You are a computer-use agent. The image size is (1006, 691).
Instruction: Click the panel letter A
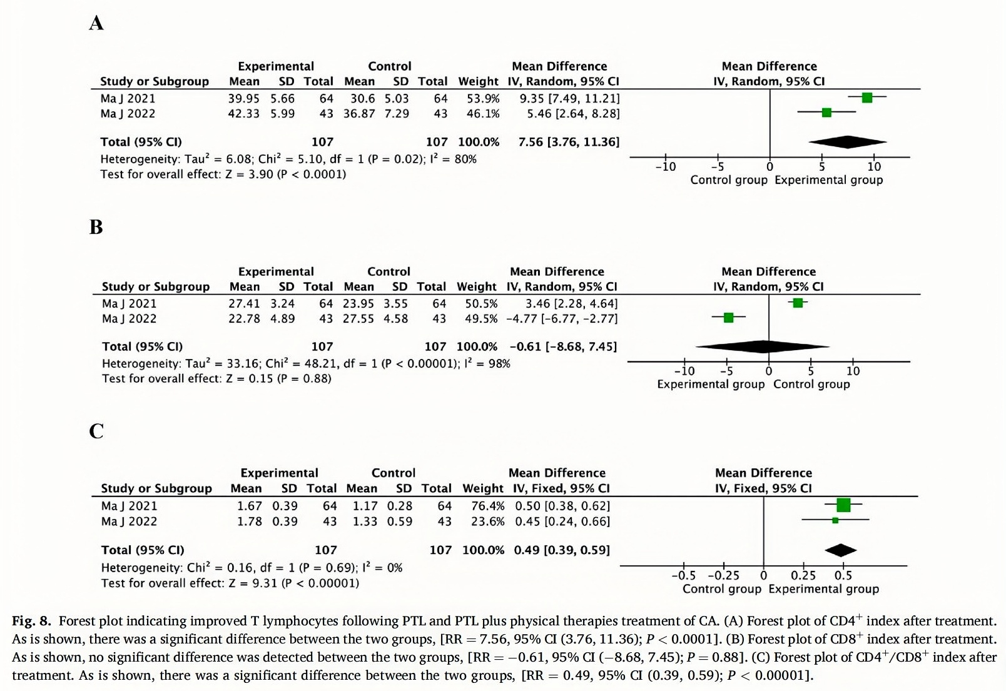96,23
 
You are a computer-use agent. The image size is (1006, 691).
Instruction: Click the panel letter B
96,226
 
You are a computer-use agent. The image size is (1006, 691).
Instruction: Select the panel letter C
96,431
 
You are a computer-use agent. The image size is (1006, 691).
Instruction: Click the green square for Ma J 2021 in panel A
866,98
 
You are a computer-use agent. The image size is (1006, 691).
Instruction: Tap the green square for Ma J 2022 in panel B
728,318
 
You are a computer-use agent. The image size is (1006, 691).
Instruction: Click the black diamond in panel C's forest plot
840,550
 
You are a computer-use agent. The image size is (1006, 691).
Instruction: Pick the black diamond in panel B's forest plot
763,346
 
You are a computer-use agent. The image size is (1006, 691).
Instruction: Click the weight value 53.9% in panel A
483,99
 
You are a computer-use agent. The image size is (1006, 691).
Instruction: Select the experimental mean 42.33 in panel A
243,114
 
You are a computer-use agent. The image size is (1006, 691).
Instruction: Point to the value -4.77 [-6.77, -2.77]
562,319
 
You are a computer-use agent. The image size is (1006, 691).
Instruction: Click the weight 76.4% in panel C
487,506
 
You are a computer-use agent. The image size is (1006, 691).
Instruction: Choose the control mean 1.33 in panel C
365,522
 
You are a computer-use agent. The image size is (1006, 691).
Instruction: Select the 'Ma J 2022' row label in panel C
129,522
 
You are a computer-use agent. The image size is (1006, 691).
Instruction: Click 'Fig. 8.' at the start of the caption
31,621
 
